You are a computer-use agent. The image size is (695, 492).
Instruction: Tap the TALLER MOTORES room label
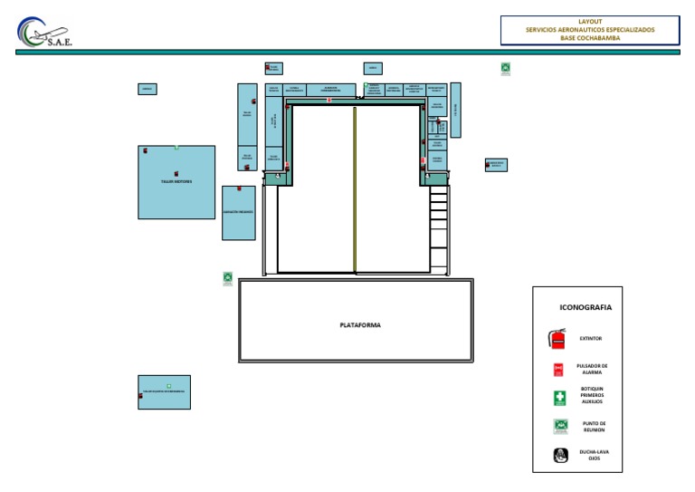click(176, 181)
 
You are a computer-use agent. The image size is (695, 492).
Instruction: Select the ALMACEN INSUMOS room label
click(238, 212)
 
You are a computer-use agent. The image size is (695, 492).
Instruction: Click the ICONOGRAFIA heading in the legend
click(586, 307)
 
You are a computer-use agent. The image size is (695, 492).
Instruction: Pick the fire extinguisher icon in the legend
click(557, 339)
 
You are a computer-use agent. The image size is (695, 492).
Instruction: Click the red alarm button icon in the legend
click(558, 370)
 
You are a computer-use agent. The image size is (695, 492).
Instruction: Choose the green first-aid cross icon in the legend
click(559, 398)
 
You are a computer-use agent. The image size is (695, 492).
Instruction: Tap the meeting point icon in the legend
click(560, 426)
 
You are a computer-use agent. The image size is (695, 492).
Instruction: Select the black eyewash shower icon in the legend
click(560, 455)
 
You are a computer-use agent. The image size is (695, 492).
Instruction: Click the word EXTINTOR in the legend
click(591, 339)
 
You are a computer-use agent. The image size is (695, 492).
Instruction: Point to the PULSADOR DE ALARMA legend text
click(592, 369)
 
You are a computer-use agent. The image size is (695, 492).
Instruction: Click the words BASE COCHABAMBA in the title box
click(590, 38)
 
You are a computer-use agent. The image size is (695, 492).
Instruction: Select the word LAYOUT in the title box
click(590, 21)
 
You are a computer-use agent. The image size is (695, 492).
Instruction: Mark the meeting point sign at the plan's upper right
click(506, 68)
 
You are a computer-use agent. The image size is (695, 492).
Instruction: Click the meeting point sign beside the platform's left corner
click(228, 278)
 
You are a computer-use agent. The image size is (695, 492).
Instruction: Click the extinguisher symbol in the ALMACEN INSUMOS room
click(239, 188)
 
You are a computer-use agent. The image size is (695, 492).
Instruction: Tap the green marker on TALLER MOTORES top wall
click(177, 147)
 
